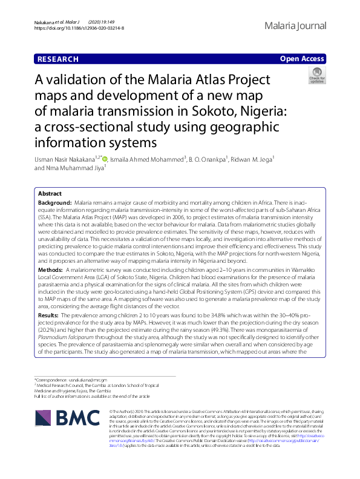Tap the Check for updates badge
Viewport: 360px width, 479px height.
(316, 75)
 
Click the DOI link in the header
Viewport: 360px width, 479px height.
(79, 28)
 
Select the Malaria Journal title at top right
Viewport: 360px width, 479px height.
(295, 25)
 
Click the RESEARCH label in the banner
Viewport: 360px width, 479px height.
(58, 59)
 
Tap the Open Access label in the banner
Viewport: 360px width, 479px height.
(303, 59)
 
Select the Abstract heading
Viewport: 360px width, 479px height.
(50, 194)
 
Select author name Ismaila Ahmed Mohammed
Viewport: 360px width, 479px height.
(146, 159)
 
